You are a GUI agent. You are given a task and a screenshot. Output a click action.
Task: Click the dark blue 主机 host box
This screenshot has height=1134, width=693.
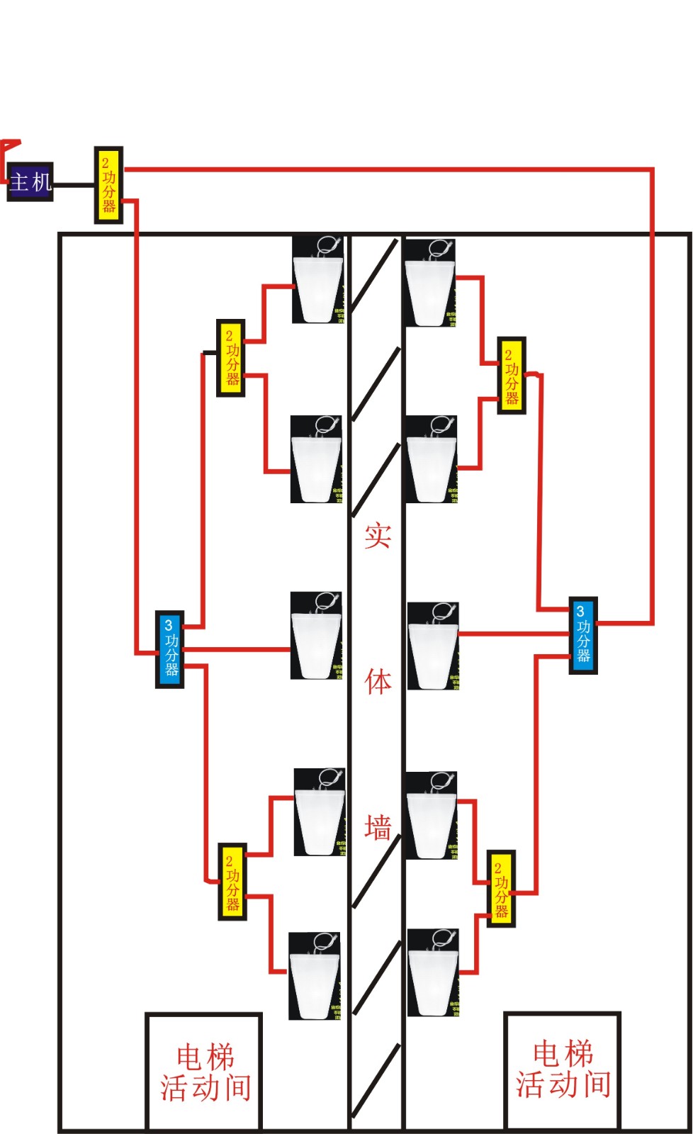(x=30, y=182)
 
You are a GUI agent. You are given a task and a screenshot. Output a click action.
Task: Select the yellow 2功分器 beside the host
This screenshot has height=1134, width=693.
(x=108, y=185)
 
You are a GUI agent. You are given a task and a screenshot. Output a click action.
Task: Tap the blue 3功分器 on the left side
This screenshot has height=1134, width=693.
(x=170, y=649)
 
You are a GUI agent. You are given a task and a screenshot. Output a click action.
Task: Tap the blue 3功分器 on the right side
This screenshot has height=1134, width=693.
(x=583, y=635)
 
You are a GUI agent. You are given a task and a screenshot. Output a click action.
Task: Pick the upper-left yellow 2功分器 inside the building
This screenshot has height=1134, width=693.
(x=231, y=358)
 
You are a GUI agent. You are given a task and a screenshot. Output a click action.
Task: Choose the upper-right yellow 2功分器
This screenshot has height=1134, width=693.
(x=511, y=376)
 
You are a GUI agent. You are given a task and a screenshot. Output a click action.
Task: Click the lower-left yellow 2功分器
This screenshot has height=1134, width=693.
(x=232, y=882)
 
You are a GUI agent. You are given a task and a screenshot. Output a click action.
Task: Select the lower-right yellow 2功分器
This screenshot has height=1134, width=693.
(x=502, y=889)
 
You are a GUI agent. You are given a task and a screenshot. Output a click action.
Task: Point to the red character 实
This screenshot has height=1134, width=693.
(x=378, y=535)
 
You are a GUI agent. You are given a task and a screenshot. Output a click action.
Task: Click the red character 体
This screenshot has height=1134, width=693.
(x=378, y=682)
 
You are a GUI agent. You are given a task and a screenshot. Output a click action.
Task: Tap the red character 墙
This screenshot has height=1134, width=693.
(x=378, y=827)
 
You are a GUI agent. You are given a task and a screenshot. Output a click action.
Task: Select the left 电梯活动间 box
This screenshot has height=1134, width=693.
(x=204, y=1072)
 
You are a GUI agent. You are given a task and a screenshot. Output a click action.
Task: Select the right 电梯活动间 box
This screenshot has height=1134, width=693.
(x=563, y=1070)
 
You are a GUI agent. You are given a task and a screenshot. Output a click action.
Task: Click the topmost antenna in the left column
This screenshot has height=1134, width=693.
(x=318, y=281)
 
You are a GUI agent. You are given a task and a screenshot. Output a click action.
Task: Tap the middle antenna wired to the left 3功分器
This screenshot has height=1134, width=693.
(x=316, y=636)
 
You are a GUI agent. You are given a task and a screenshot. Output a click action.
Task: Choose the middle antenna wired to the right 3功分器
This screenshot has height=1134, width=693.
(x=433, y=646)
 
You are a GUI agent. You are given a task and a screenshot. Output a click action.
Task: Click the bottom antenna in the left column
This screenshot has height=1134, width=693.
(x=315, y=977)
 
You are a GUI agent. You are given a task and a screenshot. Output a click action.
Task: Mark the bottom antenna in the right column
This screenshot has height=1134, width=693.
(x=433, y=972)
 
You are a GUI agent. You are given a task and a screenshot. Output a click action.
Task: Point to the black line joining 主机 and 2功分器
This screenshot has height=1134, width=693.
(x=74, y=185)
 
